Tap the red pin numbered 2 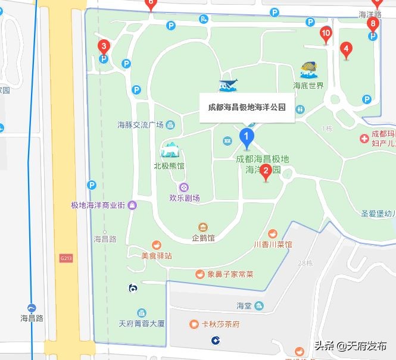pyautogui.click(x=267, y=171)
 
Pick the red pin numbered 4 pyautogui.click(x=346, y=49)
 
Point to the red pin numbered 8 pyautogui.click(x=373, y=24)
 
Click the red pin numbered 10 pyautogui.click(x=325, y=33)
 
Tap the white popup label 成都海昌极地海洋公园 pyautogui.click(x=247, y=108)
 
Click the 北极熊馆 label pyautogui.click(x=169, y=166)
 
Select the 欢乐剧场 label pyautogui.click(x=185, y=198)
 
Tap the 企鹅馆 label pyautogui.click(x=203, y=238)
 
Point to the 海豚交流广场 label pyautogui.click(x=141, y=125)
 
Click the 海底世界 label pyautogui.click(x=308, y=85)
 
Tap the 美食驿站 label pyautogui.click(x=157, y=255)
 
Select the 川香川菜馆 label pyautogui.click(x=273, y=244)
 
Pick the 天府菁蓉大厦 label pyautogui.click(x=141, y=324)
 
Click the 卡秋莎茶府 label pyautogui.click(x=220, y=324)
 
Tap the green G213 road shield pyautogui.click(x=66, y=258)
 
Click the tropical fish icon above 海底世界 pyautogui.click(x=309, y=70)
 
